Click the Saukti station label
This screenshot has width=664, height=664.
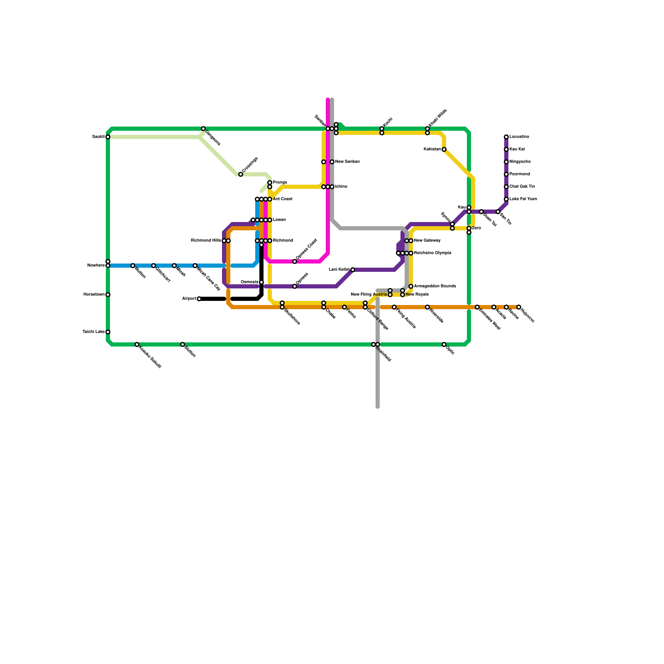98,137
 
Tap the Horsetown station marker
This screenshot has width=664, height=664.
108,295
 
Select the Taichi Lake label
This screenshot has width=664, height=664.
93,332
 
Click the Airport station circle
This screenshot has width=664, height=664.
199,299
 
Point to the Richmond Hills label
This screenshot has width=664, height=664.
206,241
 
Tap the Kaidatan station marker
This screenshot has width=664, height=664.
444,149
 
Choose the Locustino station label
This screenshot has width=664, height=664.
519,137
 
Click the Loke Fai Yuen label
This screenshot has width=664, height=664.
523,199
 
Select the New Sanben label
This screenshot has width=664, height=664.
347,162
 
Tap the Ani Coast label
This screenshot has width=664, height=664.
283,199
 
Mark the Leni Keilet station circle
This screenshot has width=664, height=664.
353,270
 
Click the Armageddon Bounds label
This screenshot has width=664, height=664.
435,286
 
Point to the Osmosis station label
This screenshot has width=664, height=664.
249,282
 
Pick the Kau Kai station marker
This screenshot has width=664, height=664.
506,149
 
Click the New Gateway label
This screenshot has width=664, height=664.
427,241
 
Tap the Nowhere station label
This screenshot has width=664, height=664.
96,266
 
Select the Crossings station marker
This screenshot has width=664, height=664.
241,174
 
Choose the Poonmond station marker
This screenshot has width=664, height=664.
506,174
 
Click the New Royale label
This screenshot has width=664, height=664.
417,295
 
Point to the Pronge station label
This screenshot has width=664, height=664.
280,183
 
